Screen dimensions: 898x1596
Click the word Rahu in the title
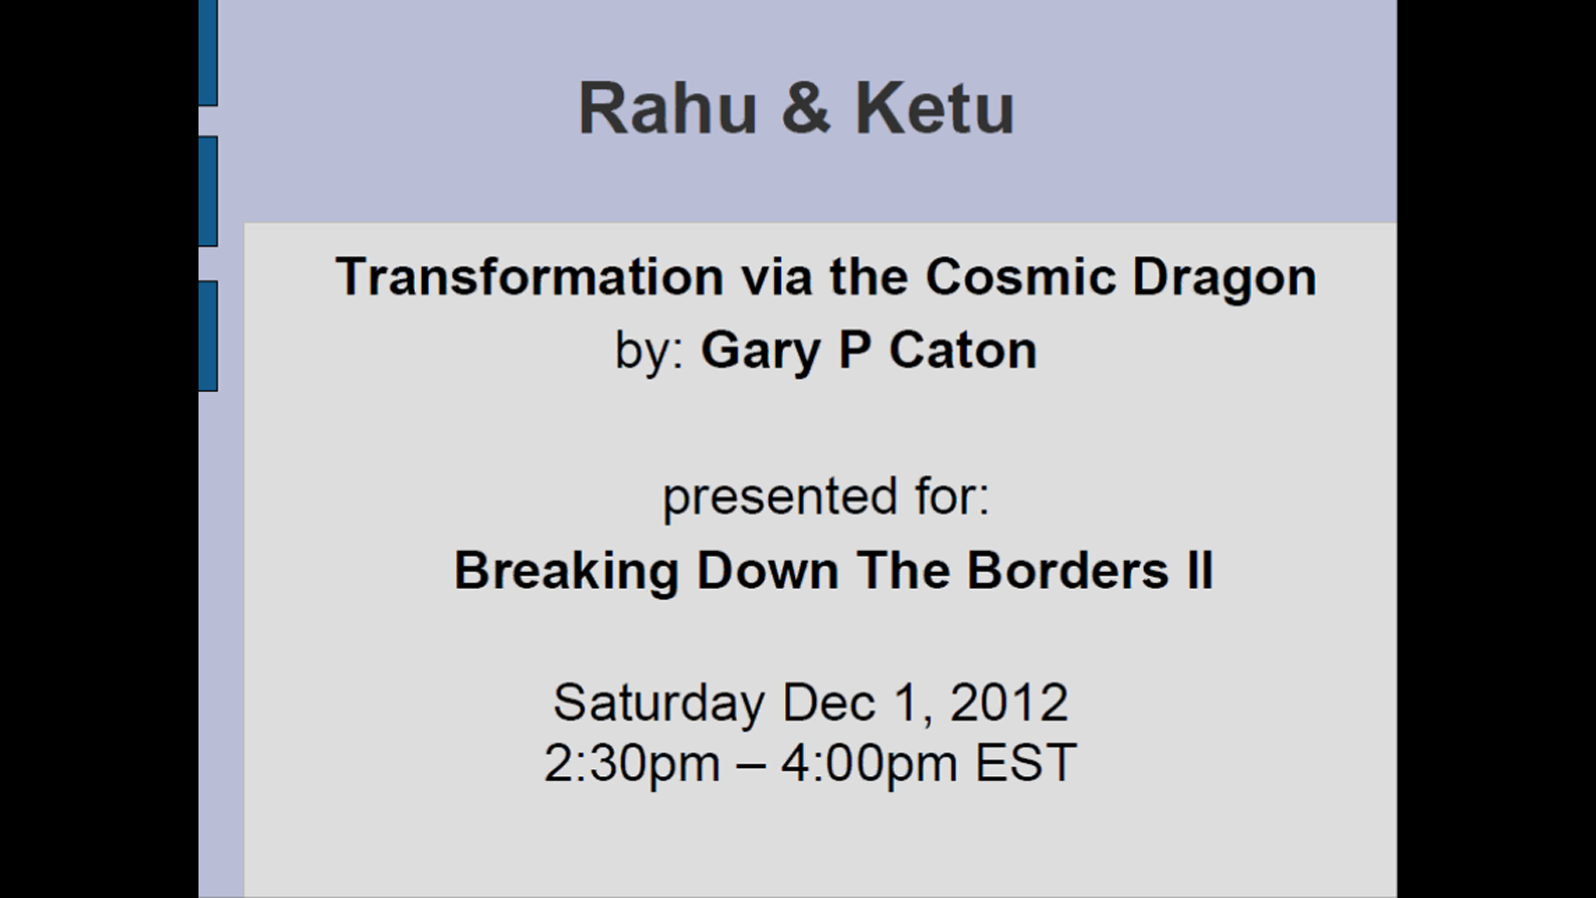click(x=667, y=108)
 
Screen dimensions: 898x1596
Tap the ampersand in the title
click(x=806, y=108)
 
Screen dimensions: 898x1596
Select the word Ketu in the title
click(x=934, y=108)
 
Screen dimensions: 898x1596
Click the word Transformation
click(x=530, y=276)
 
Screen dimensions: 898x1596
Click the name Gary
click(x=759, y=351)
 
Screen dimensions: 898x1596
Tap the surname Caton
click(x=963, y=350)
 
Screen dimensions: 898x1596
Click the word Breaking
click(x=566, y=572)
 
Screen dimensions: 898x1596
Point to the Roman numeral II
click(x=1200, y=571)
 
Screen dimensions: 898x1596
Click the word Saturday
click(x=658, y=703)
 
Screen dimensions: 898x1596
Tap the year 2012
click(x=1008, y=702)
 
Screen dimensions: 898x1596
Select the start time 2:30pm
click(x=631, y=764)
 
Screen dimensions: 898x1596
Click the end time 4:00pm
click(x=868, y=764)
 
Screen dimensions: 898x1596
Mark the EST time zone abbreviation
click(x=1025, y=763)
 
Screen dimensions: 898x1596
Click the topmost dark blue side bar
click(x=207, y=52)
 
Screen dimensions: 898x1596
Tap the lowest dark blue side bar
click(x=207, y=335)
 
